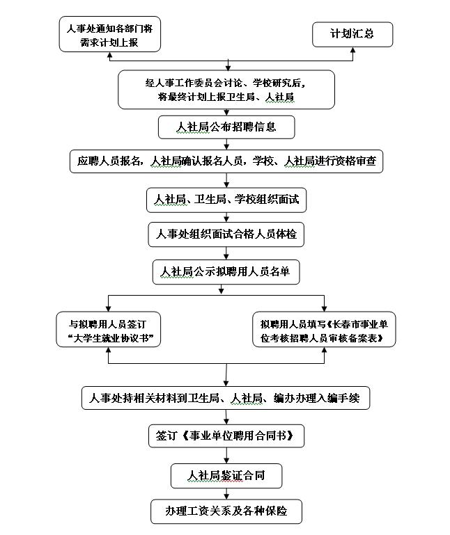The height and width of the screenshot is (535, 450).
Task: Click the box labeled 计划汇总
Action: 352,35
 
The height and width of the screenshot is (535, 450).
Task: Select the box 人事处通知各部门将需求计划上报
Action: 109,34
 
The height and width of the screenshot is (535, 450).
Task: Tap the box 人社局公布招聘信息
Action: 226,127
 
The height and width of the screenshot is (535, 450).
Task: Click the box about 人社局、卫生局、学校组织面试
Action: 226,200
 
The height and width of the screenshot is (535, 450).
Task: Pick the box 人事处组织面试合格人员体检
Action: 226,234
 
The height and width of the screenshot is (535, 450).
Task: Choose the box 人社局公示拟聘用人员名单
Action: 226,272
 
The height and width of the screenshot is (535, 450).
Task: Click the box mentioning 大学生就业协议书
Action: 108,329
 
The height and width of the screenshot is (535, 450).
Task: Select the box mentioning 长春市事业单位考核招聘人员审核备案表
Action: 324,329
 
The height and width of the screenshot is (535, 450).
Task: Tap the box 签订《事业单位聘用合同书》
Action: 226,436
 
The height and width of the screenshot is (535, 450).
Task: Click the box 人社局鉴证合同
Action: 226,476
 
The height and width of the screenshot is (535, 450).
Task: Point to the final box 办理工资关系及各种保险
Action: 226,511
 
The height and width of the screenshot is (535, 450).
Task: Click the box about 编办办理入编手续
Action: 226,398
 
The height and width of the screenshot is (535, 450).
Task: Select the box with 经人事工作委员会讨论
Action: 226,90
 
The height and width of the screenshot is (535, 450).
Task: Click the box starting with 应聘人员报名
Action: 226,161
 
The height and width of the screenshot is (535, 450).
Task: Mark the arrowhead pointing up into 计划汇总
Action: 353,50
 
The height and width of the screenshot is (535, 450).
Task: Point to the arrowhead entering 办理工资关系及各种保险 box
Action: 226,497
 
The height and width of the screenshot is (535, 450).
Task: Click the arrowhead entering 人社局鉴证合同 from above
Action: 226,461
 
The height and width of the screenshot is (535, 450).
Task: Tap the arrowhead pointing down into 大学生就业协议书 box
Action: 108,309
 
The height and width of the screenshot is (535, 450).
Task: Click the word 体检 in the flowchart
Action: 286,234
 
